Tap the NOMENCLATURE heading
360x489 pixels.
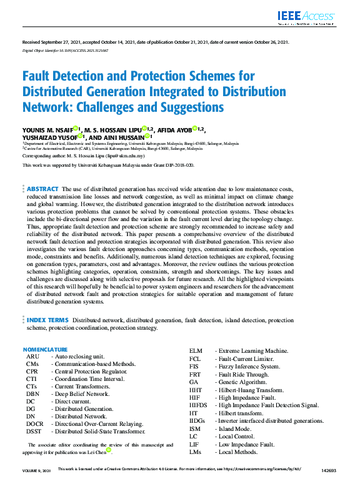(x=45, y=349)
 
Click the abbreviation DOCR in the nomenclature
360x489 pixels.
(x=35, y=423)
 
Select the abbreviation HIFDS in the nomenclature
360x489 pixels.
(x=199, y=405)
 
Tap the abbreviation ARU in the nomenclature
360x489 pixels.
(x=32, y=356)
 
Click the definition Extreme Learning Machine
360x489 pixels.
(x=252, y=351)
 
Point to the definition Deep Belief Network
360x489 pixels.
(x=82, y=393)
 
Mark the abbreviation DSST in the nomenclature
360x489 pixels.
(x=34, y=431)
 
